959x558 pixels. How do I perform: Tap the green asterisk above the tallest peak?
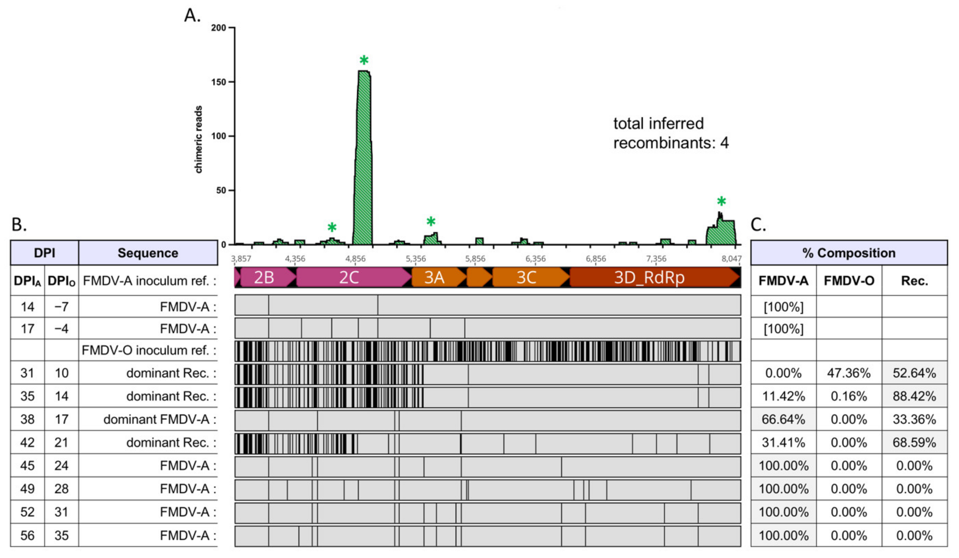[364, 60]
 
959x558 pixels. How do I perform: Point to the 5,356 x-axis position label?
[416, 259]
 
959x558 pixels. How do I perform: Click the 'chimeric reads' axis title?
[198, 139]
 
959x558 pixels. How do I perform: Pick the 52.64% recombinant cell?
[914, 373]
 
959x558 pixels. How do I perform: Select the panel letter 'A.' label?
[192, 16]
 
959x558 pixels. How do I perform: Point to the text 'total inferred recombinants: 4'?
[670, 133]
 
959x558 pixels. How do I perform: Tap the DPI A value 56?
[27, 536]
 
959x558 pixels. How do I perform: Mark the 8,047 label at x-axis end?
[731, 259]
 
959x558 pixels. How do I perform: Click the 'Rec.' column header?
[914, 281]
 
